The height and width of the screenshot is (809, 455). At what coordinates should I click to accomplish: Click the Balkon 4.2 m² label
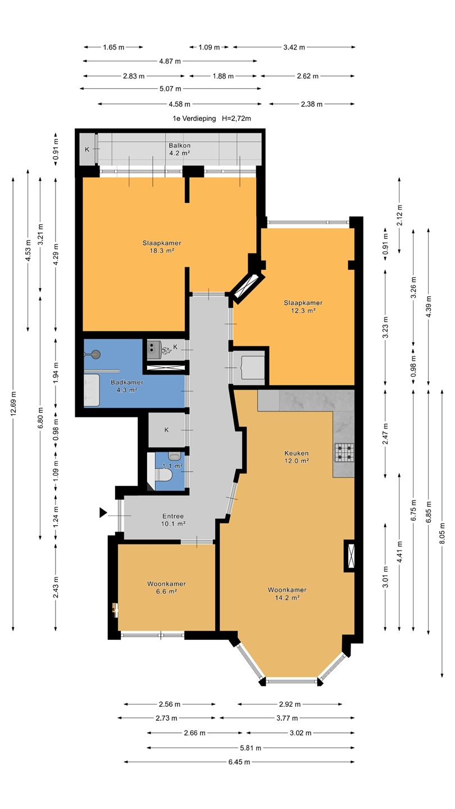pyautogui.click(x=180, y=149)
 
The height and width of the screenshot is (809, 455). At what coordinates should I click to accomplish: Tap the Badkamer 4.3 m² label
pyautogui.click(x=127, y=386)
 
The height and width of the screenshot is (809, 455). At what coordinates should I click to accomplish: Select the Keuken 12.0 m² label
pyautogui.click(x=297, y=457)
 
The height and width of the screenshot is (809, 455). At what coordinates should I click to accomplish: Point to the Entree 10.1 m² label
pyautogui.click(x=173, y=520)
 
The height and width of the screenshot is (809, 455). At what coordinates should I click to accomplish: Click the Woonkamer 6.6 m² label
pyautogui.click(x=166, y=587)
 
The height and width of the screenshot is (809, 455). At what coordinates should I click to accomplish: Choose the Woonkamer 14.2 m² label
pyautogui.click(x=287, y=593)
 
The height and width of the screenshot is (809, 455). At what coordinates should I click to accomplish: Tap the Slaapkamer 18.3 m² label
pyautogui.click(x=162, y=247)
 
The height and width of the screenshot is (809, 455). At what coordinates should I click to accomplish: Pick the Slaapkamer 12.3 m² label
pyautogui.click(x=303, y=307)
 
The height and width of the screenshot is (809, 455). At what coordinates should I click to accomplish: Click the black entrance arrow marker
pyautogui.click(x=103, y=512)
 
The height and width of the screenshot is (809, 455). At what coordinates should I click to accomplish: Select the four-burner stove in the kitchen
pyautogui.click(x=344, y=453)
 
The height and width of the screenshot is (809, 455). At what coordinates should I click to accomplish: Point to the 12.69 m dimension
pyautogui.click(x=13, y=404)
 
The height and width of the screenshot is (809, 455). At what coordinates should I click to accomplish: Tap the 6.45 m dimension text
pyautogui.click(x=239, y=762)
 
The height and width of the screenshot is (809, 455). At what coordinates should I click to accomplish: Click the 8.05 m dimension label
pyautogui.click(x=443, y=533)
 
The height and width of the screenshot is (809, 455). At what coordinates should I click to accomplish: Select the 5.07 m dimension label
pyautogui.click(x=170, y=89)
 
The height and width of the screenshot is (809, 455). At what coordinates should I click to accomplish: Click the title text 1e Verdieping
pyautogui.click(x=194, y=119)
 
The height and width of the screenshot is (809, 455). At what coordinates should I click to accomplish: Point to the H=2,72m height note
pyautogui.click(x=236, y=119)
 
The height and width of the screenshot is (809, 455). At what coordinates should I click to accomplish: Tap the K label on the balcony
pyautogui.click(x=87, y=149)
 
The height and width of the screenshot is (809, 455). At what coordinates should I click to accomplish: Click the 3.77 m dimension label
pyautogui.click(x=287, y=718)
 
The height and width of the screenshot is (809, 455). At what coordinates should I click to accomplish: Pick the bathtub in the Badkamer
pyautogui.click(x=92, y=390)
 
